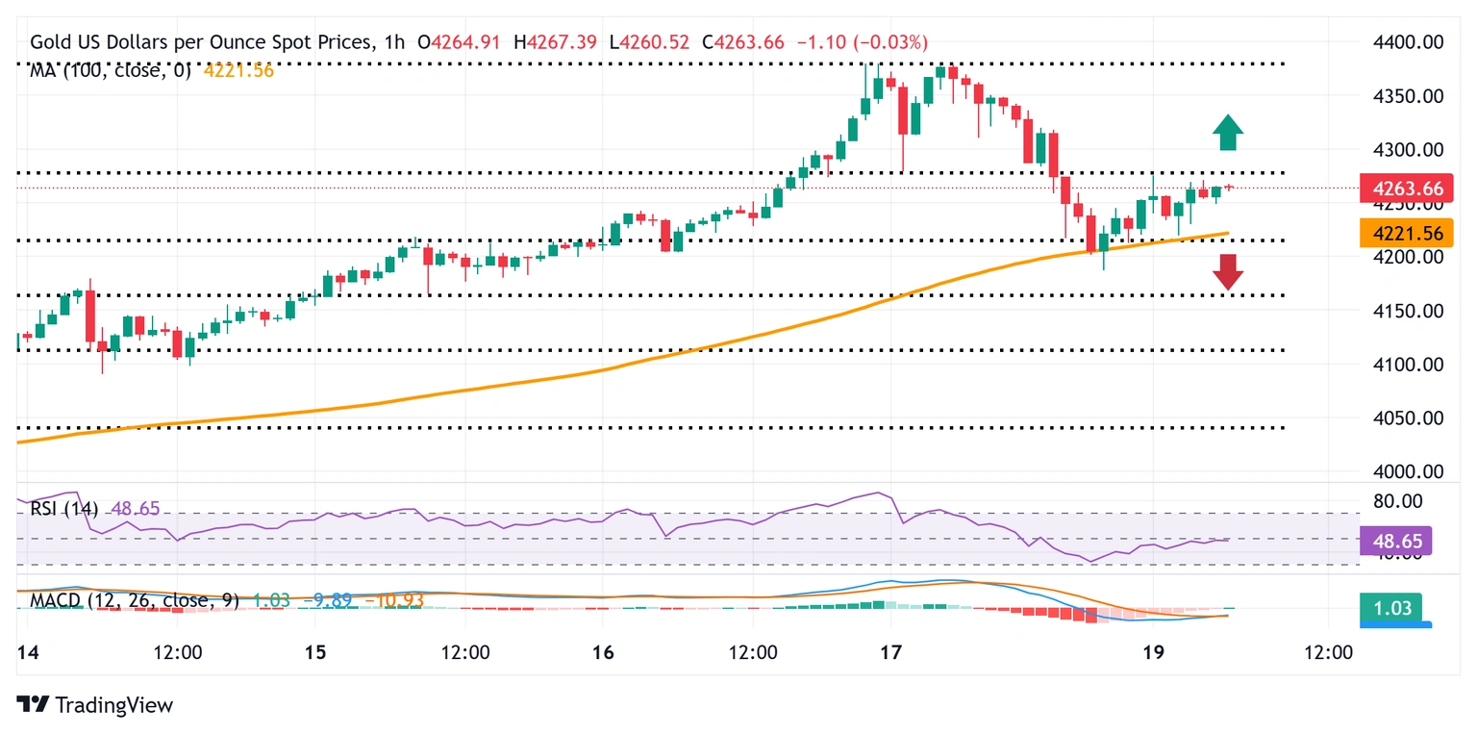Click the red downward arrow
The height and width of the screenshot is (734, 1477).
[1227, 272]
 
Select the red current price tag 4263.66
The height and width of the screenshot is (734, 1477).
[1405, 189]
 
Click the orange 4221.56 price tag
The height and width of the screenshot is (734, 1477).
[1405, 232]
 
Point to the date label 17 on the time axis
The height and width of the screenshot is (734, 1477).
[890, 653]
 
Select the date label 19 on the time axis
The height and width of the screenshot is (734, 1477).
[1153, 653]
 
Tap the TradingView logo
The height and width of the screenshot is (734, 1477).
[95, 705]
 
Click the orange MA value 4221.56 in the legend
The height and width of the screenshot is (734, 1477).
[238, 69]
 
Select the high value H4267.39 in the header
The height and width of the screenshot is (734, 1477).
[555, 42]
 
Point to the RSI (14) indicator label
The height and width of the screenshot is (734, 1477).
[63, 508]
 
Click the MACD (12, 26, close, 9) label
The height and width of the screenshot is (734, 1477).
[135, 600]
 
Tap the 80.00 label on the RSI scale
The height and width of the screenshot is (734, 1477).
[1396, 501]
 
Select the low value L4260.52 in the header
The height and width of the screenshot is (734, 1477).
[649, 42]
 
